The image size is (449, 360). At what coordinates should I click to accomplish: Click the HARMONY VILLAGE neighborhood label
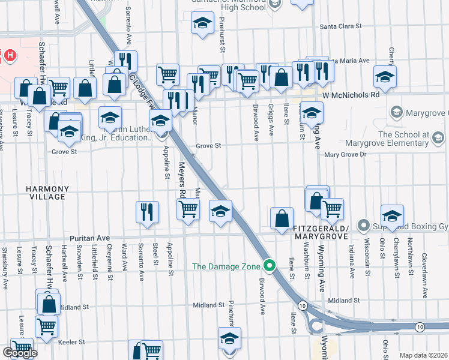(47, 193)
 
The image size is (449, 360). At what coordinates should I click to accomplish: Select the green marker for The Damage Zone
(270, 266)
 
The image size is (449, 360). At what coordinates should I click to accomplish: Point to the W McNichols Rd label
(351, 95)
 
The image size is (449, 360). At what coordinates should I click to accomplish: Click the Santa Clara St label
(341, 26)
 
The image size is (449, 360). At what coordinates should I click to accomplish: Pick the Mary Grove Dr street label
(345, 154)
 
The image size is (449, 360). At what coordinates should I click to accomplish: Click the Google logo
(20, 352)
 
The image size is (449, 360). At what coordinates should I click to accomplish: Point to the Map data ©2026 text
(423, 355)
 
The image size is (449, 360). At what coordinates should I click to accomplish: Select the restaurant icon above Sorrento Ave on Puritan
(147, 212)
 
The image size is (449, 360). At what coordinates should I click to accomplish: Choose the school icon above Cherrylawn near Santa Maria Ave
(385, 77)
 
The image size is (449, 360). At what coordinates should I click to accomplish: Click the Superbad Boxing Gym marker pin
(363, 226)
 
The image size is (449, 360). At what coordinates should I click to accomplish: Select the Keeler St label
(72, 341)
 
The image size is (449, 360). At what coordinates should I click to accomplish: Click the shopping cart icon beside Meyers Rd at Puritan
(188, 209)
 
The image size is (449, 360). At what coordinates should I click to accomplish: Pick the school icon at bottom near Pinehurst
(229, 338)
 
